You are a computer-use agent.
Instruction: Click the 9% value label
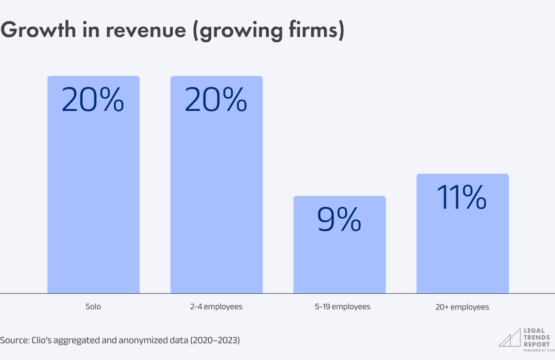click(x=339, y=220)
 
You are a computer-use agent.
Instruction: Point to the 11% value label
click(x=462, y=198)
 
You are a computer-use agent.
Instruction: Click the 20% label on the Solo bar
click(x=93, y=100)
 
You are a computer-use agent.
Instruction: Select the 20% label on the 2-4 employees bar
click(x=216, y=100)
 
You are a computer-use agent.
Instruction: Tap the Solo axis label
click(x=93, y=307)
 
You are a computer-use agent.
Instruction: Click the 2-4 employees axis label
click(x=216, y=307)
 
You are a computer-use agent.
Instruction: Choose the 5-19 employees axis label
click(x=339, y=307)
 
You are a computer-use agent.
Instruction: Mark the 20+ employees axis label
click(x=462, y=307)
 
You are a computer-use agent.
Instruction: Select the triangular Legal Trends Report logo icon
click(x=509, y=338)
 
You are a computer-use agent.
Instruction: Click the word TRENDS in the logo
click(x=536, y=337)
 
